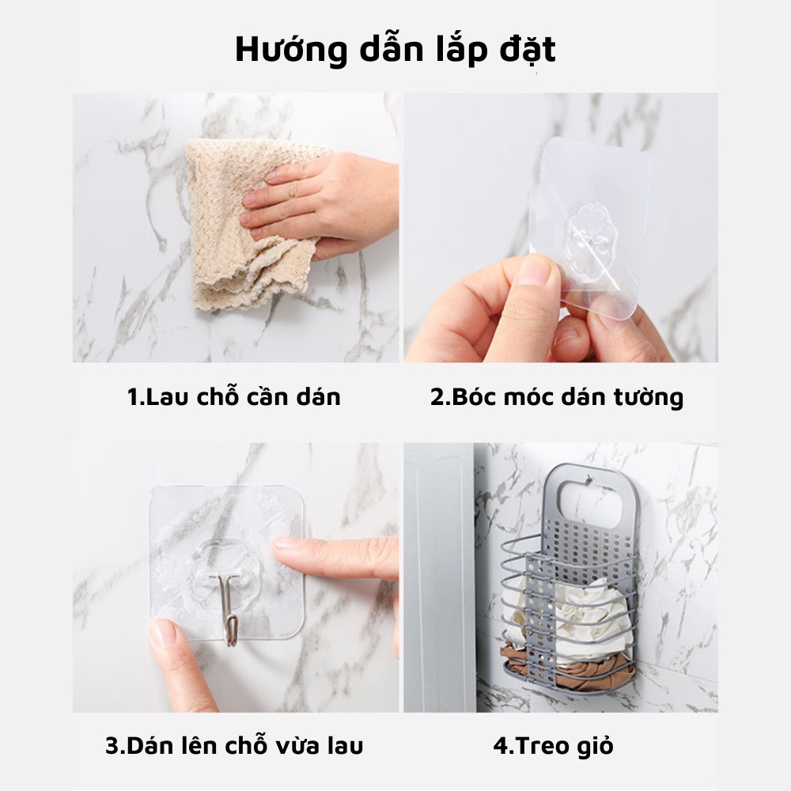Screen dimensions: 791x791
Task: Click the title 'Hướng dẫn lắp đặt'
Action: (x=395, y=49)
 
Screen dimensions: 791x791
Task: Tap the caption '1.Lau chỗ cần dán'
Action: (x=234, y=395)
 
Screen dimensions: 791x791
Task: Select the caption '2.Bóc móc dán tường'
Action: (x=557, y=395)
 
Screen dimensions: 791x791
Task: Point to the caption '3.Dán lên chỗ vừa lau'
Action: (x=234, y=745)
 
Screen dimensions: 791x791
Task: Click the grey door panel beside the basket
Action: (x=439, y=577)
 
